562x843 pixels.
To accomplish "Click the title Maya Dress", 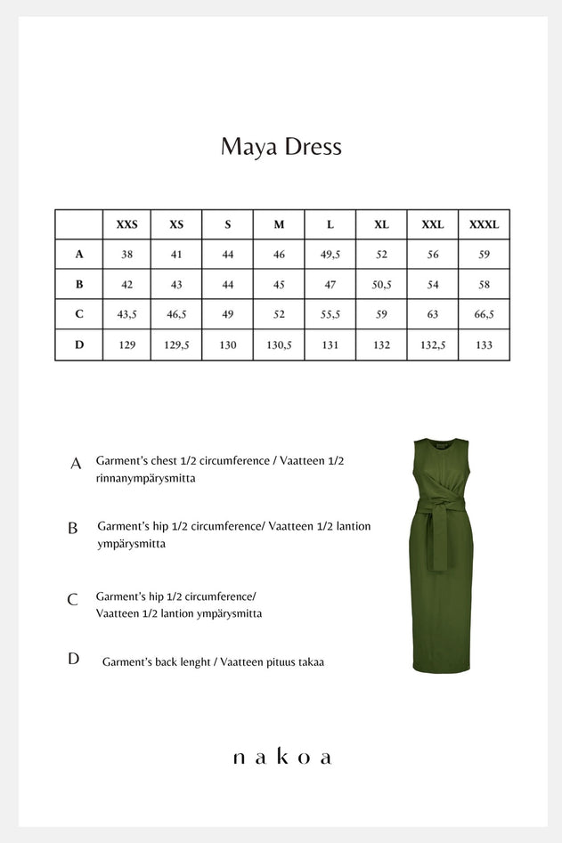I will point(281,147).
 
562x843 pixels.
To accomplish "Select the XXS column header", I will point(126,225).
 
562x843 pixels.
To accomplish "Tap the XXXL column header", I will point(484,225).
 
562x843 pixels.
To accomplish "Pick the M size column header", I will point(279,225).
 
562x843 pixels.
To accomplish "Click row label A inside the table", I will point(79,255).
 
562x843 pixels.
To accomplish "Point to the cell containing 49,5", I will point(330,255).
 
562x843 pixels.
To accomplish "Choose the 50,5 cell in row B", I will point(381,285).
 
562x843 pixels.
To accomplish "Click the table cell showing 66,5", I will point(484,314).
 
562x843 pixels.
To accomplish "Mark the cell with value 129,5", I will point(176,344).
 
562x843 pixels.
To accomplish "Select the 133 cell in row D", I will point(484,344).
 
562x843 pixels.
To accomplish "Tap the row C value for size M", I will point(279,314).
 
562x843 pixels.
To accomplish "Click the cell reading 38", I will point(126,255).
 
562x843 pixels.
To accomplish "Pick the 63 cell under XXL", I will point(432,314).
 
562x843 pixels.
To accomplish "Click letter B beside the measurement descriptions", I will point(73,528).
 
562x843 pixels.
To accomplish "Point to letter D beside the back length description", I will point(73,660).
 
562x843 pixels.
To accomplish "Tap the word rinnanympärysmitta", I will point(145,478).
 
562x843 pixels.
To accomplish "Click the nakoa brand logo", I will point(281,758).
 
